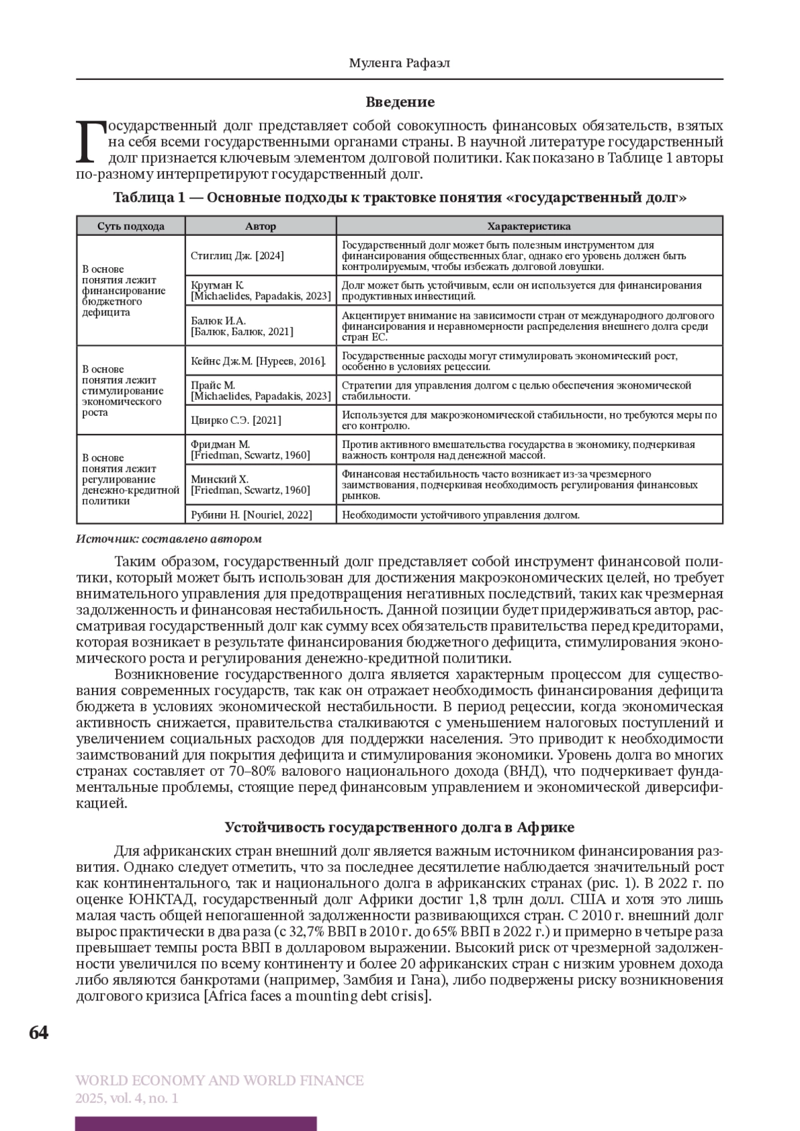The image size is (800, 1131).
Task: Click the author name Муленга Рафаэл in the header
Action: (x=399, y=63)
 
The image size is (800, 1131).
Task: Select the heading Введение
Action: (x=400, y=102)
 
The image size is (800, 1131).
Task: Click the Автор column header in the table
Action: (x=260, y=226)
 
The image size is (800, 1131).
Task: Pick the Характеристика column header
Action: (x=529, y=226)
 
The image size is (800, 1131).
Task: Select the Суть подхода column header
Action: (x=131, y=226)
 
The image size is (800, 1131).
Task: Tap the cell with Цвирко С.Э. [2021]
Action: (x=236, y=420)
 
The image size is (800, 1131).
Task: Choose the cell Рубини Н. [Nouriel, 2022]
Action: (x=251, y=515)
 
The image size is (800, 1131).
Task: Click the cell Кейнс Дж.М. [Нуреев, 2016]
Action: (x=258, y=361)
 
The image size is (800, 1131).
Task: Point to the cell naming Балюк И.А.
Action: (x=241, y=326)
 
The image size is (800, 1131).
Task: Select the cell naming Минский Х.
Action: (x=250, y=485)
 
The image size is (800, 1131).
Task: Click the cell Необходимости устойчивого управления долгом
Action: (x=461, y=515)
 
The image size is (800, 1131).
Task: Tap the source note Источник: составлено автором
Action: (x=169, y=539)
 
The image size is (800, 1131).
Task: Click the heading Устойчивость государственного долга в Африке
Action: (x=399, y=827)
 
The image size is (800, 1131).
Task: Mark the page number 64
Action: (x=39, y=1032)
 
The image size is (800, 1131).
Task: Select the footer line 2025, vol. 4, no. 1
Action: (x=127, y=1098)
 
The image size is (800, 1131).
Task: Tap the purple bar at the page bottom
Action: (x=196, y=1124)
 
